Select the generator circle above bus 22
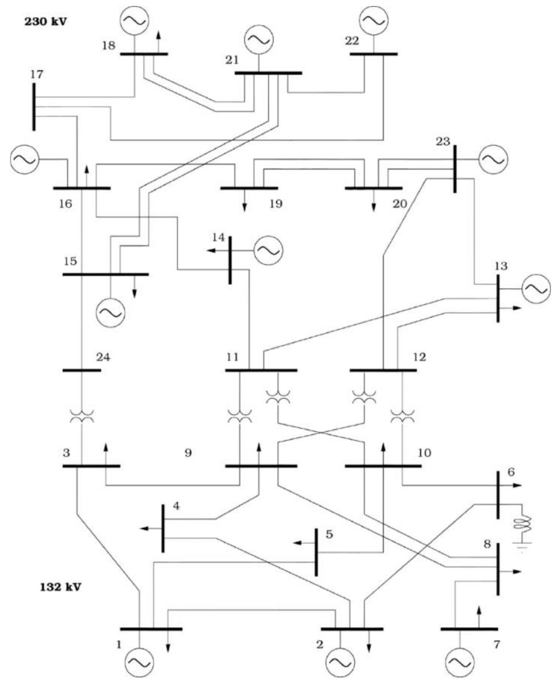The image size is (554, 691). pos(373,20)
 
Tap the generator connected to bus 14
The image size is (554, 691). pos(268,250)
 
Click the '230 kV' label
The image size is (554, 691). pos(46,23)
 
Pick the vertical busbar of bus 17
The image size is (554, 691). pos(34,107)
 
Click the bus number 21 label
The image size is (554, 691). pos(232,61)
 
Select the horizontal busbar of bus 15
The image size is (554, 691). pos(105,274)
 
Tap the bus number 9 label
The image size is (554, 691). pos(188,453)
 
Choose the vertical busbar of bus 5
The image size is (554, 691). pos(316,552)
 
